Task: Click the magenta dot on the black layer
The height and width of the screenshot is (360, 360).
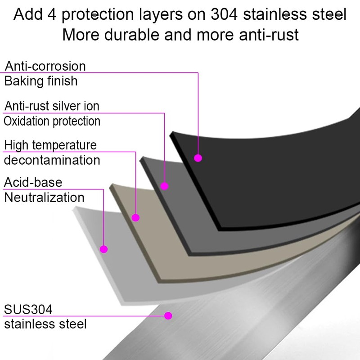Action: [198, 158]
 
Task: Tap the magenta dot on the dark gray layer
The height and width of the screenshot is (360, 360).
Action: [165, 185]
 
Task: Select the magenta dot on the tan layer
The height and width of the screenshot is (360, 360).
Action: [136, 217]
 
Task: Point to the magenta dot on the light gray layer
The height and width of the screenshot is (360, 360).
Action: [104, 248]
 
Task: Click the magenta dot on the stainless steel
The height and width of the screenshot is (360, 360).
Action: [168, 315]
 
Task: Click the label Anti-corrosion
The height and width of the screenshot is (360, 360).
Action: [45, 66]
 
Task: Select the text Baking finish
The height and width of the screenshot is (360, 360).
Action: [41, 81]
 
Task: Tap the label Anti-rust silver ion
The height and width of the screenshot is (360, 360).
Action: [52, 106]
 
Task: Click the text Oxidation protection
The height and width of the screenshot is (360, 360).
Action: [52, 121]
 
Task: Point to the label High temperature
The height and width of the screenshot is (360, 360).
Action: [50, 145]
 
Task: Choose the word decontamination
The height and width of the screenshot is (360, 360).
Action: [52, 160]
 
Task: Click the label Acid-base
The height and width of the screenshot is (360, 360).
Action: [33, 182]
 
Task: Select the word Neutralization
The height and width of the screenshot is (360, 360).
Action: [45, 198]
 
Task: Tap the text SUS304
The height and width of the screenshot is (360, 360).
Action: [28, 310]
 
